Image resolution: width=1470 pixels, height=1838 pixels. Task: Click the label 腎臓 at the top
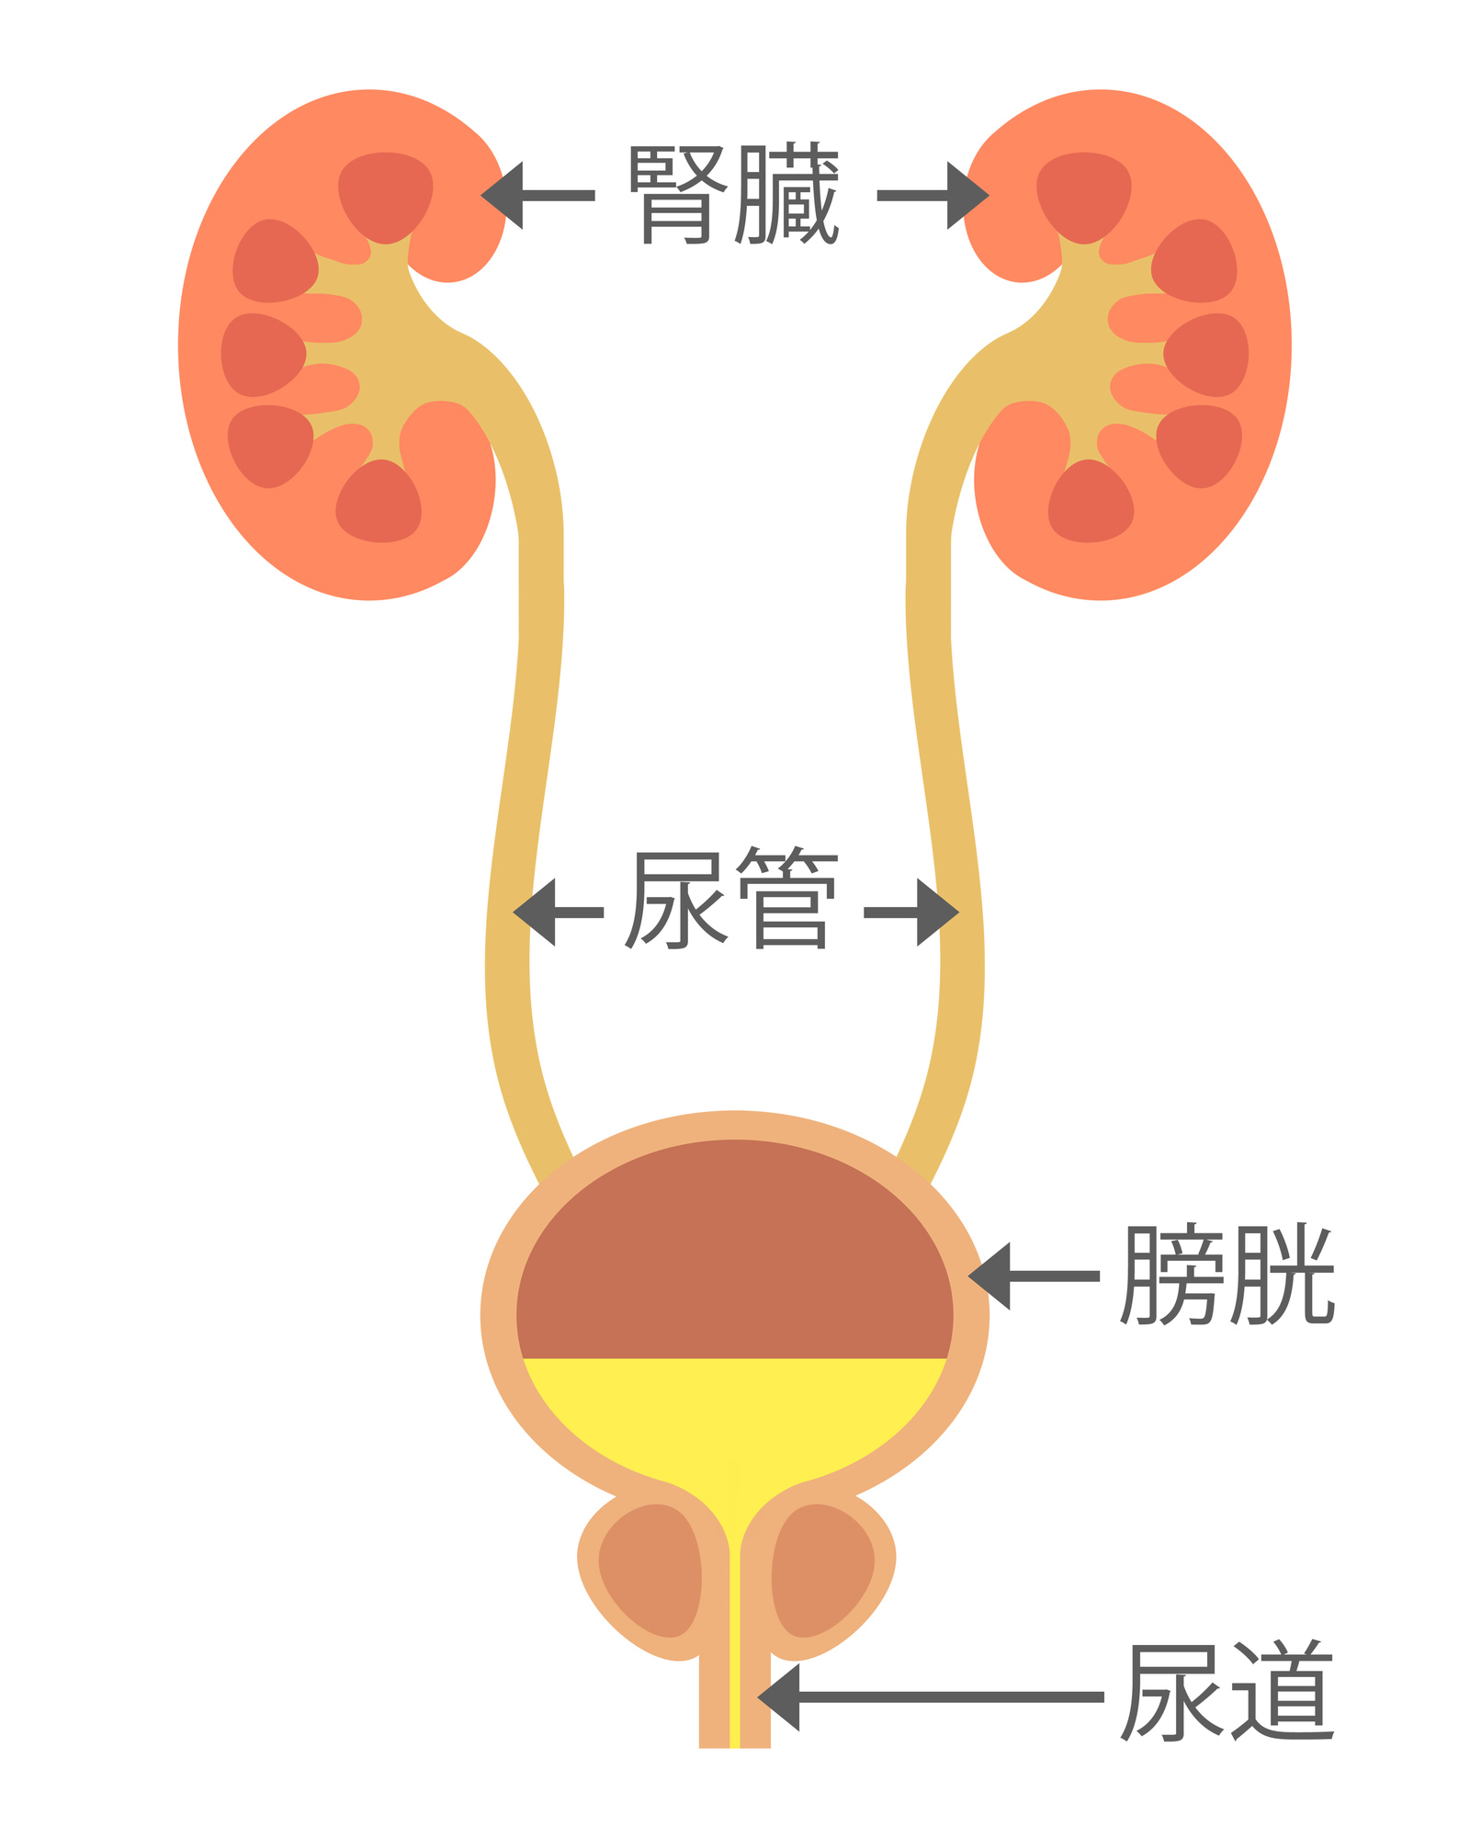733,194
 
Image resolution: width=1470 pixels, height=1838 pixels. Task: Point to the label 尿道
1227,1692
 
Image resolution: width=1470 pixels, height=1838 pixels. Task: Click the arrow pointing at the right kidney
933,195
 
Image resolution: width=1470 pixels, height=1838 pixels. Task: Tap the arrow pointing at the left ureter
557,912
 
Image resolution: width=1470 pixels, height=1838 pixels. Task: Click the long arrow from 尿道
928,1696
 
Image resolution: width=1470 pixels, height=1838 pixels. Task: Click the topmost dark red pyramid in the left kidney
385,196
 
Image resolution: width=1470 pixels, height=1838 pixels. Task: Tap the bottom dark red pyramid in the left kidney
379,503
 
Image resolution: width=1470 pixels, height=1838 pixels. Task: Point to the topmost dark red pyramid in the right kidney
1084,196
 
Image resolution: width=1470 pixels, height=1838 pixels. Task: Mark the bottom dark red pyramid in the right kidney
1091,503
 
